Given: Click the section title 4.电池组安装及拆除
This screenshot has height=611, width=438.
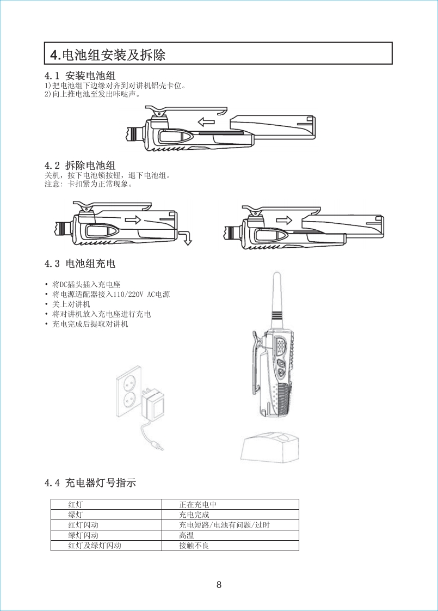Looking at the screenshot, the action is coord(108,54).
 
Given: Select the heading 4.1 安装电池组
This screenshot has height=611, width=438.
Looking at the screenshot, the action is coord(80,75).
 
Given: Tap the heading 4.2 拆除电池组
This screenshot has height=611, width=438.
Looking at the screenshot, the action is coord(80,165).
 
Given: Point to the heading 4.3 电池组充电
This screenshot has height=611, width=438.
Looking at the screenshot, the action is coord(80,264).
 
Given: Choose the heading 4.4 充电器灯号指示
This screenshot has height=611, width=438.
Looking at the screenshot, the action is coord(90,483).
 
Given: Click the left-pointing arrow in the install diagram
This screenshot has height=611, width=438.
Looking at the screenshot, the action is coord(206,122).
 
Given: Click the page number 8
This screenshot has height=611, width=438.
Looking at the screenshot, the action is coord(219,584).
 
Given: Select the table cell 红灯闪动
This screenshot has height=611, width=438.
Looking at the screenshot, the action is coord(83,525).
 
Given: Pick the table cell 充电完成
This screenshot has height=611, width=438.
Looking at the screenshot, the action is coord(194,515).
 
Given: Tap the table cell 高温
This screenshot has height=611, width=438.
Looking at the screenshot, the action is coord(187,535).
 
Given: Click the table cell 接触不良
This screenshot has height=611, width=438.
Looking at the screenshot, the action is coord(194,545).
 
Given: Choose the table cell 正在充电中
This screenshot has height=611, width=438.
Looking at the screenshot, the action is coord(198,505).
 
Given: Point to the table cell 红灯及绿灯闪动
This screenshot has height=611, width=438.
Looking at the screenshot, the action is coord(95,545).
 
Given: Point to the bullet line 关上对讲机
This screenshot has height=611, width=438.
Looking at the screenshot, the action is coord(71,304).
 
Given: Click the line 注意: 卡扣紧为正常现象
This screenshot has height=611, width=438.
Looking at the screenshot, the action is coord(88,184).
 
